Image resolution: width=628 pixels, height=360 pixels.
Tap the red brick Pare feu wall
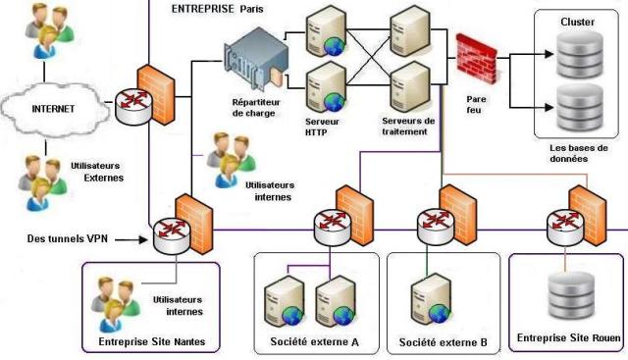[x=478, y=58]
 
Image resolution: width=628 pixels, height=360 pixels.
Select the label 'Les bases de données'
[x=569, y=151]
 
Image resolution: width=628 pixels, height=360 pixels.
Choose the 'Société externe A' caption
[x=314, y=342]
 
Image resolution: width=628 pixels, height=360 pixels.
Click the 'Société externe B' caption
[x=444, y=343]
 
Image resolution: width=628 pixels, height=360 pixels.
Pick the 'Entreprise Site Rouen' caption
[x=567, y=338]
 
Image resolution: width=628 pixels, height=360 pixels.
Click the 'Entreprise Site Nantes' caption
[x=152, y=342]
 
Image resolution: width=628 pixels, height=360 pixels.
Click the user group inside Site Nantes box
[x=114, y=302]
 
